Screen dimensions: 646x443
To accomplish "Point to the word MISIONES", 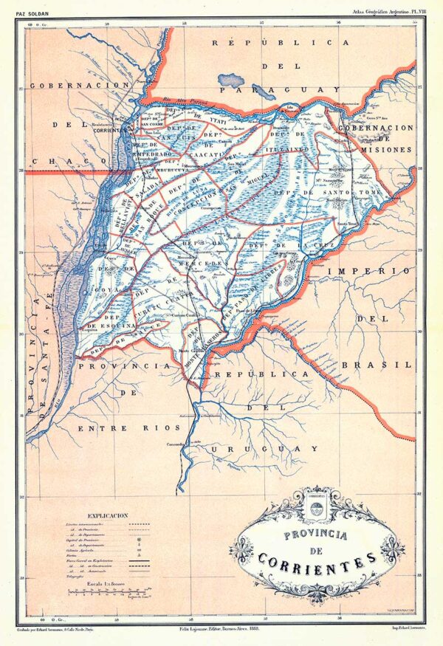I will click(x=386, y=149).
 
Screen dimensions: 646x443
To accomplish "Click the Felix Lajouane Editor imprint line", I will click(x=221, y=625).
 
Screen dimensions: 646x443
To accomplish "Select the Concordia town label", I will click(x=175, y=444).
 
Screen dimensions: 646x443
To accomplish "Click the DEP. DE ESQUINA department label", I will click(x=114, y=325).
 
